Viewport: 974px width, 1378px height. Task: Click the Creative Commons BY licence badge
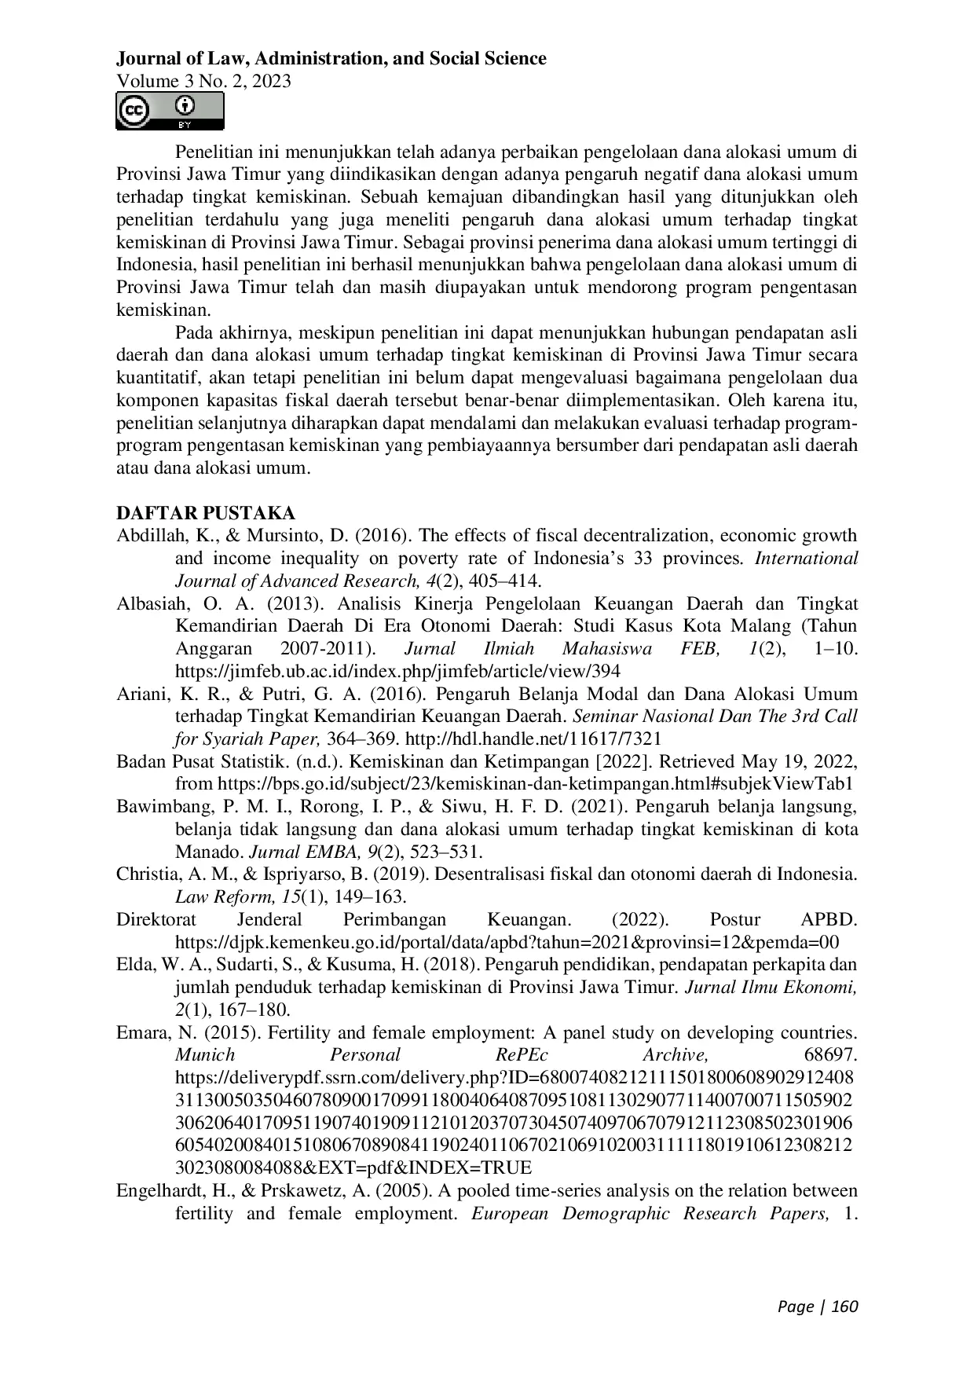[170, 112]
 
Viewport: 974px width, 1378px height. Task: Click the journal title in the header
[331, 58]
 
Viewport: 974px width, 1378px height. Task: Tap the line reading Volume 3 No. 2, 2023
[203, 81]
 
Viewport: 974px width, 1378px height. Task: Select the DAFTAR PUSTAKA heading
[206, 513]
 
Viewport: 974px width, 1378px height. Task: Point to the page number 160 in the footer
[844, 1307]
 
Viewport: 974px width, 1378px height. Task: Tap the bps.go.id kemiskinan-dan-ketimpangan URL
[534, 783]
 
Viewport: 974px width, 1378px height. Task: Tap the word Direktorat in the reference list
[156, 919]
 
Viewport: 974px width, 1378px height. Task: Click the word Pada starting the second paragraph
[194, 332]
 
